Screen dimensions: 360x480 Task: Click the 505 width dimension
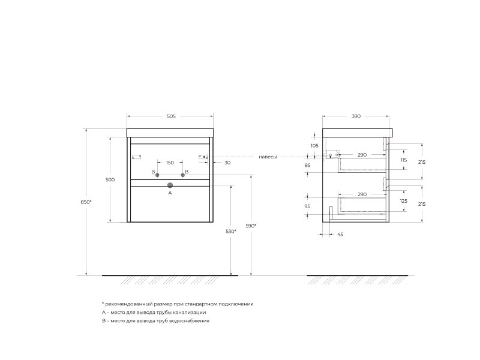click(x=171, y=116)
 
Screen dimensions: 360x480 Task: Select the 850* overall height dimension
click(x=86, y=202)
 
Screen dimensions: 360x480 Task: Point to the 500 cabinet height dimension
click(x=110, y=180)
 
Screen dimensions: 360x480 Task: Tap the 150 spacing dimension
click(x=170, y=163)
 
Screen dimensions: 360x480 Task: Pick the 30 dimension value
click(x=227, y=163)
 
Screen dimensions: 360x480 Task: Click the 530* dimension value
click(x=231, y=231)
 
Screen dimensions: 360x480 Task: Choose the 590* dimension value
click(x=251, y=226)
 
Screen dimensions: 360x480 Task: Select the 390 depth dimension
click(x=356, y=116)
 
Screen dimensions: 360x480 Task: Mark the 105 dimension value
click(x=314, y=146)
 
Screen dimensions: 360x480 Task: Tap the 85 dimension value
click(x=307, y=165)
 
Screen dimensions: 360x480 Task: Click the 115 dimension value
click(x=403, y=160)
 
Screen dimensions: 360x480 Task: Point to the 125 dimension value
click(x=403, y=201)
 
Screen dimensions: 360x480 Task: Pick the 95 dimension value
click(x=307, y=206)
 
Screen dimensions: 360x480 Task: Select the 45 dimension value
click(x=340, y=234)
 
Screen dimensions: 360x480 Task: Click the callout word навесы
click(x=268, y=157)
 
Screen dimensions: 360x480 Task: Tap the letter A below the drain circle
click(x=170, y=193)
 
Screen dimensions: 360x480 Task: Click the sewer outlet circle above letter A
click(x=170, y=185)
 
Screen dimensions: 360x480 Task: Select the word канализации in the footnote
click(x=187, y=313)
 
